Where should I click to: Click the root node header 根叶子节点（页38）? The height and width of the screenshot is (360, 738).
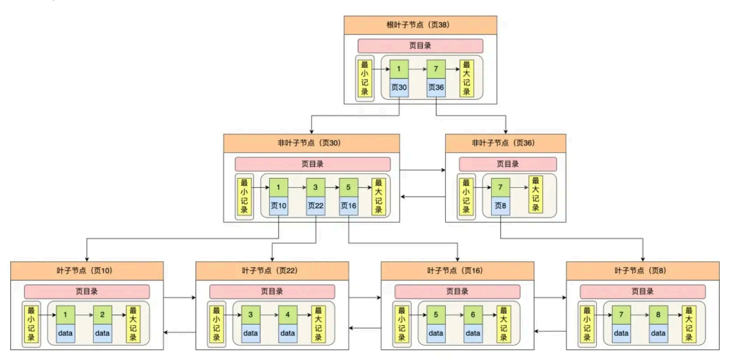[420, 25]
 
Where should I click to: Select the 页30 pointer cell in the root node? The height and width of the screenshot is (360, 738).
[399, 87]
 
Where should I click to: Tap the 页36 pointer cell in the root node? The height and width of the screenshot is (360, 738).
[436, 87]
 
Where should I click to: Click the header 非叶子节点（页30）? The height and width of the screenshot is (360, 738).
[311, 143]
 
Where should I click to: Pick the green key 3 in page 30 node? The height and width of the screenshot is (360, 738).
[315, 187]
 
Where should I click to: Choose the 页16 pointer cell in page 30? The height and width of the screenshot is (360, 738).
[348, 205]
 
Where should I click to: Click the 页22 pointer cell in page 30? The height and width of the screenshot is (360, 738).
[315, 205]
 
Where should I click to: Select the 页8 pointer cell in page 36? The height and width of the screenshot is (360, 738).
[500, 205]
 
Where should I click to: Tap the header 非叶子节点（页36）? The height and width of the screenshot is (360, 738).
[505, 143]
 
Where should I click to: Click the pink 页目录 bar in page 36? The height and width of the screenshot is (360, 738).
[507, 164]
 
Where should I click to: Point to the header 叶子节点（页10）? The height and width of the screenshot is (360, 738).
[87, 271]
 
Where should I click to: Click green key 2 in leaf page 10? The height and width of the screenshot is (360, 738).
[102, 314]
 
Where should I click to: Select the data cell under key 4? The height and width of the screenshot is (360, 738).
[288, 333]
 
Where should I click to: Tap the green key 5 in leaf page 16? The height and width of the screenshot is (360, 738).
[436, 314]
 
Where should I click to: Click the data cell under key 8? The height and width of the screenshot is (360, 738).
[658, 333]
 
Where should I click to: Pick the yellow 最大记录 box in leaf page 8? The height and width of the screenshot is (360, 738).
[689, 324]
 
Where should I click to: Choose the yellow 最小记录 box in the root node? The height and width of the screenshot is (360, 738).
[365, 78]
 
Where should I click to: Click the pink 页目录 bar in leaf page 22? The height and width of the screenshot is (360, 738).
[272, 292]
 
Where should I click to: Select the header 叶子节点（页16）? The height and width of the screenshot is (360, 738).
[457, 271]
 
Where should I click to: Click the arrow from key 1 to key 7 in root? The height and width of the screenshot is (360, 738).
[418, 69]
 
